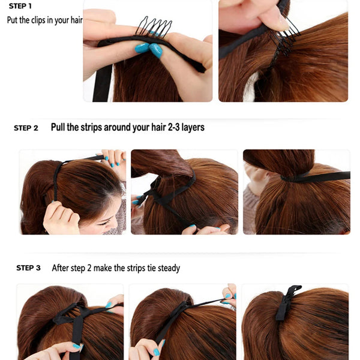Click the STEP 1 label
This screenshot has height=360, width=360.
point(20,6)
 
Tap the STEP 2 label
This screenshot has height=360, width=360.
point(26,128)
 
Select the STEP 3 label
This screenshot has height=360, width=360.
point(28,268)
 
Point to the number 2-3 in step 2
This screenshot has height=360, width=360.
point(174,127)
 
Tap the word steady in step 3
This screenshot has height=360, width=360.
point(167,268)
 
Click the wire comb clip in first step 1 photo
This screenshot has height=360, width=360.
point(153,27)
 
